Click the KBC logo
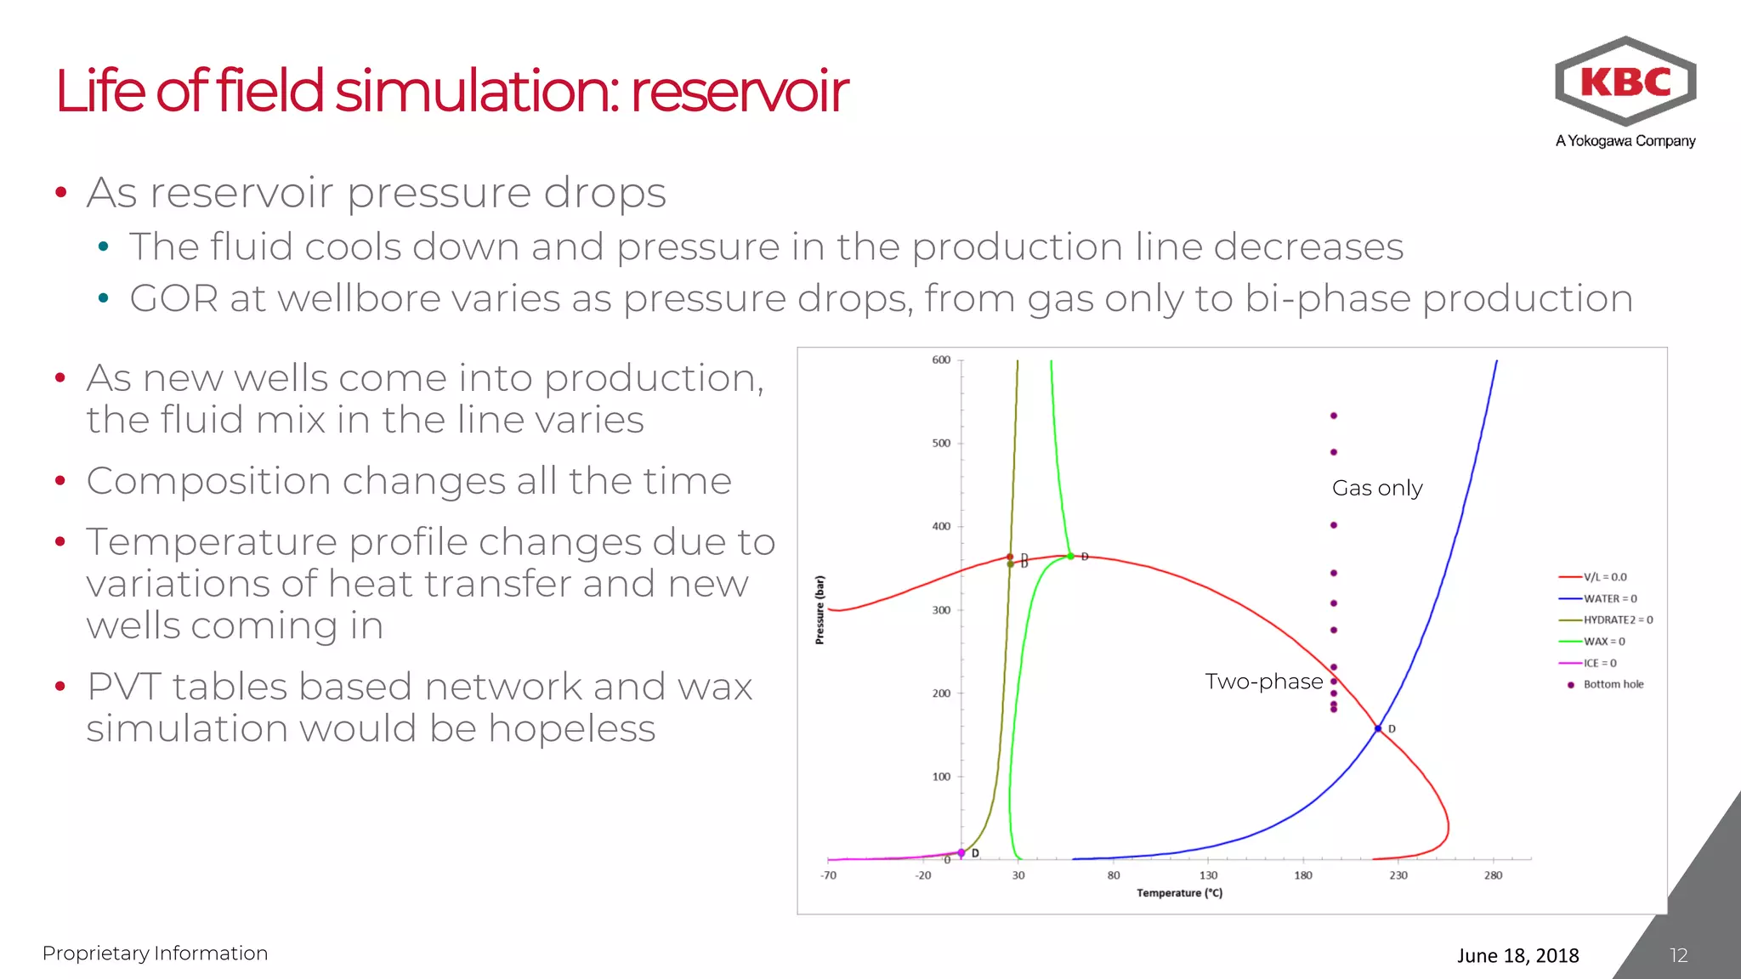[1625, 82]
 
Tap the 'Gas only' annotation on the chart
[1376, 488]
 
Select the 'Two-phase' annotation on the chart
[1263, 682]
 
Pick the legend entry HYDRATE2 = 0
[1618, 620]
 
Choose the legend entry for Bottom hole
[1613, 684]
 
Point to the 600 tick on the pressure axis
[941, 360]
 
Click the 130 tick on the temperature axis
[1208, 875]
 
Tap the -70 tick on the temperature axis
[828, 875]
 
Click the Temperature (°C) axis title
[1179, 893]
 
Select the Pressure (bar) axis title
[819, 609]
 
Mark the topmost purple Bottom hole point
[1334, 416]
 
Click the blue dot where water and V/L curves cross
[1378, 728]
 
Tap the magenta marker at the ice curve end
[961, 852]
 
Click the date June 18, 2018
[1517, 955]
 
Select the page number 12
[1678, 955]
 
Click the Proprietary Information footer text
[155, 954]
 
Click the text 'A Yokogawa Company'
[1625, 141]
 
